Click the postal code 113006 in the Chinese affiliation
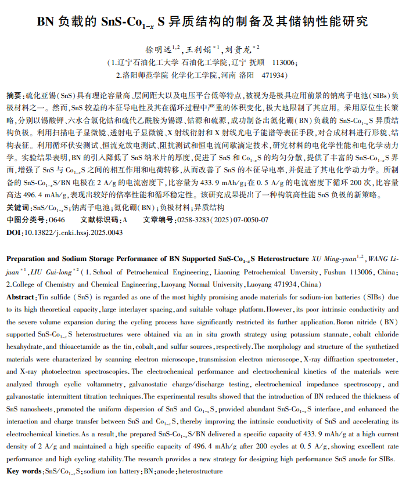pos(285,62)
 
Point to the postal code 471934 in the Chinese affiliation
pos(272,75)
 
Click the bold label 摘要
pos(15,95)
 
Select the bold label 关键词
pos(18,207)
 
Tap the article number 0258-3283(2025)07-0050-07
pos(222,220)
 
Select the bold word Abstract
pos(20,296)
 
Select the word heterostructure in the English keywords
pos(201,472)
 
